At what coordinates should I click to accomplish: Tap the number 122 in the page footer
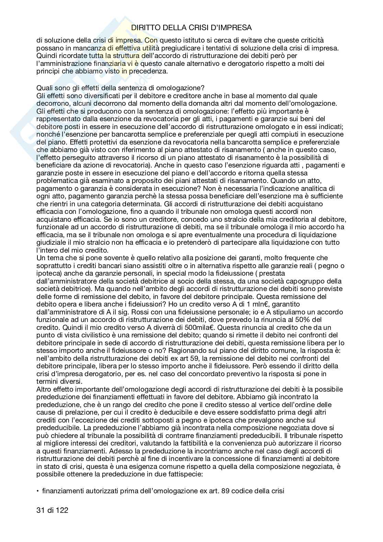[62, 510]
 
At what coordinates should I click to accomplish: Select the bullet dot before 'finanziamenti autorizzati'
[38, 491]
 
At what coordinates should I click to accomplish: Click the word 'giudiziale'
[51, 242]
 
